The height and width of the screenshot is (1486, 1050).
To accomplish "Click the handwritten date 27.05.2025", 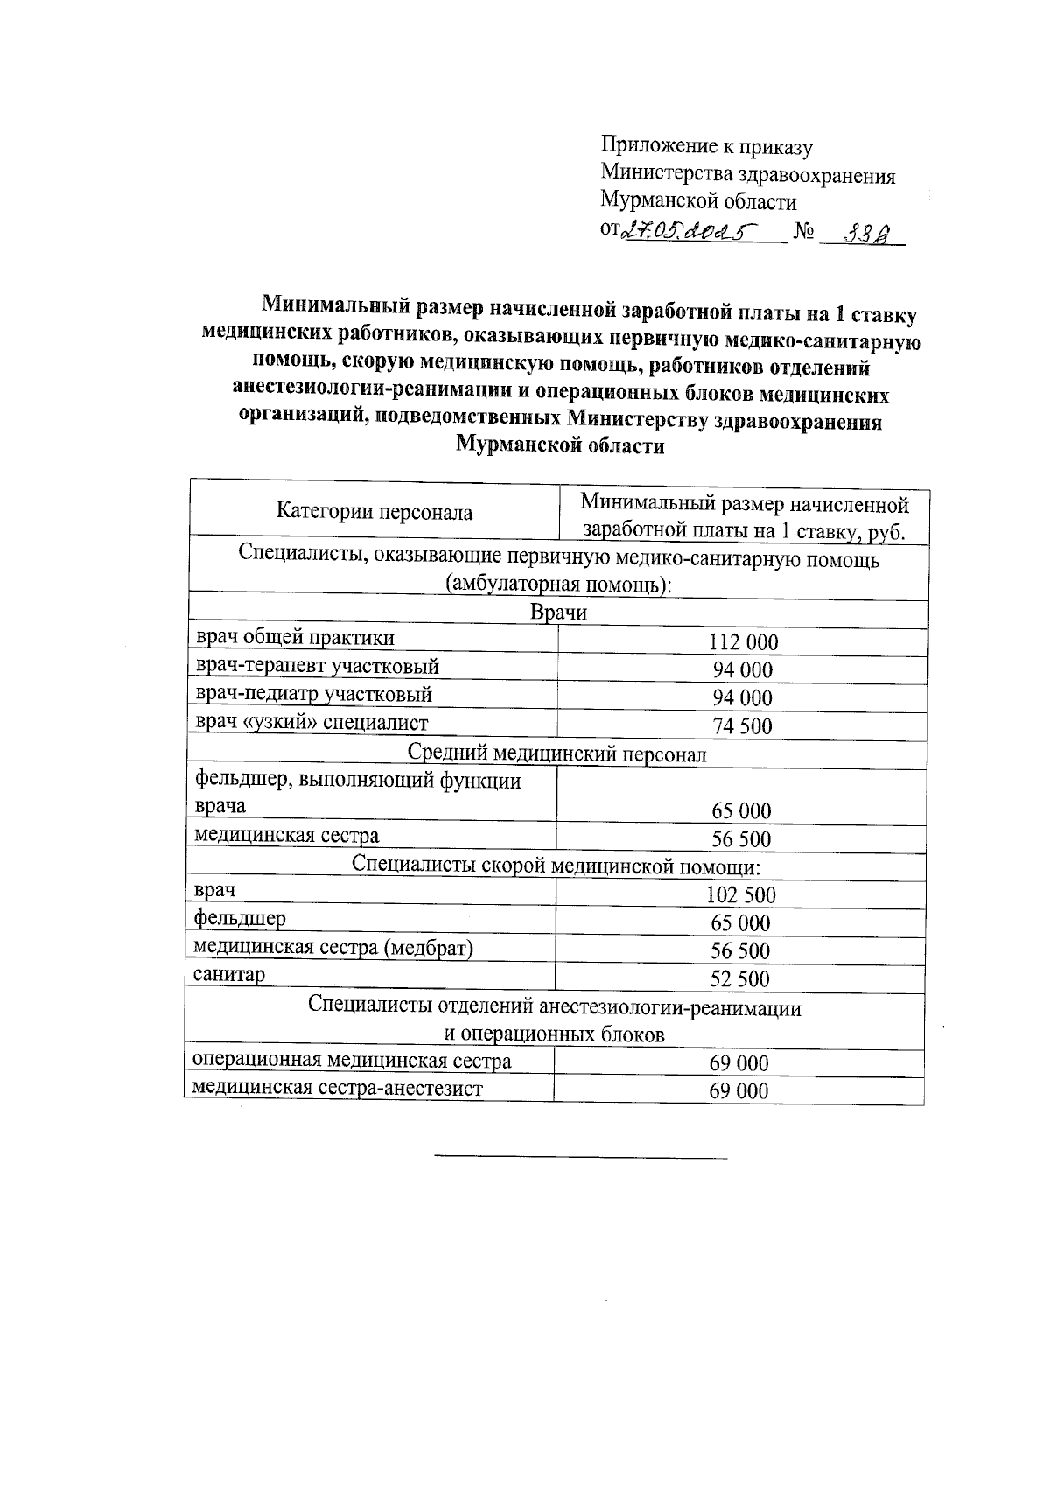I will pos(687,231).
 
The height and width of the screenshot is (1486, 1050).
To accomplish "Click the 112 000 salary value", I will pos(743,643).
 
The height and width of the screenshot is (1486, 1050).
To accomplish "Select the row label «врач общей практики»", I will pos(294,638).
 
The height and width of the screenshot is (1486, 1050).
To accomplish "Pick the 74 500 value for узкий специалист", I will pos(743,725).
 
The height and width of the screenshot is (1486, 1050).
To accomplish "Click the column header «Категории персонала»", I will pos(374,513).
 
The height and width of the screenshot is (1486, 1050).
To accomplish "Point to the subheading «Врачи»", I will pos(558,613).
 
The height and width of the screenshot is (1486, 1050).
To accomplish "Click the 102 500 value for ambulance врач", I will pos(741,895).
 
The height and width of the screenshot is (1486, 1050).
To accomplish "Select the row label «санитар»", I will pos(229,975).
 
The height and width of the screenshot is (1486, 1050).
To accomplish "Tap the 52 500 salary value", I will pos(740,979).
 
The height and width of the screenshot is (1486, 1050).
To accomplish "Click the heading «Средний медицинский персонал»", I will pos(557,754).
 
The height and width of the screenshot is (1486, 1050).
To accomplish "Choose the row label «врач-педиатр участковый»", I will pos(313,695).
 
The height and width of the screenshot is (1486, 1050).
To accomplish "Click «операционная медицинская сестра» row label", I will pos(352,1062).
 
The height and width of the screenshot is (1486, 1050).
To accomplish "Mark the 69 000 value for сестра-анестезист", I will pos(739,1091).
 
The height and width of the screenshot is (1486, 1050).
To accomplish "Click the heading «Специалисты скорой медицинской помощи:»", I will pos(556,866).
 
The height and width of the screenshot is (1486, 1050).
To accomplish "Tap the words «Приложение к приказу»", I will pos(707,147).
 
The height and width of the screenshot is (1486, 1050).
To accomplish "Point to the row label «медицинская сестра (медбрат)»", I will pos(332,947).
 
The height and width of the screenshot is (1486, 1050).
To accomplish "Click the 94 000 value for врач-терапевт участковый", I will pos(743,670).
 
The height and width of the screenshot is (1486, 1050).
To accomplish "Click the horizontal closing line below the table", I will pos(581,1159).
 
